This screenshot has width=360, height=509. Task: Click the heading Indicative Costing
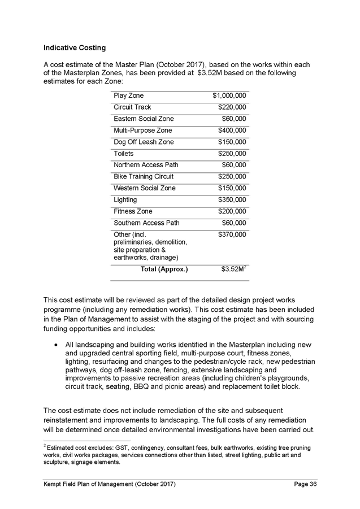[75, 47]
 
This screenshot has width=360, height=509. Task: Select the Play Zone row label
[129, 95]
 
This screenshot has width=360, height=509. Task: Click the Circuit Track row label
[133, 107]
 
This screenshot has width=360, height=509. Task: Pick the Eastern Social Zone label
[144, 119]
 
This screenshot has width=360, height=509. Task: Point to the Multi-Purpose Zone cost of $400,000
[232, 130]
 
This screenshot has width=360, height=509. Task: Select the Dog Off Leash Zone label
[144, 142]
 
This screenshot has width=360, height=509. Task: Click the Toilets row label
[124, 154]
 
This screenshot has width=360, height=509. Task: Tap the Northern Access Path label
[146, 165]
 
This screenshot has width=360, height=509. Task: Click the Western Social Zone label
[145, 188]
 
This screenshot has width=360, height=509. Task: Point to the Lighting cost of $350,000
[232, 199]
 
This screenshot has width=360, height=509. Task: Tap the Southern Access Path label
[147, 223]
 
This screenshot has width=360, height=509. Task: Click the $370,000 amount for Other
[232, 234]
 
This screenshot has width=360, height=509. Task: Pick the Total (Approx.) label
[164, 269]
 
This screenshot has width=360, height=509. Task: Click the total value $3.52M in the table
[233, 269]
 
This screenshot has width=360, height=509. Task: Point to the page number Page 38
[306, 484]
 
